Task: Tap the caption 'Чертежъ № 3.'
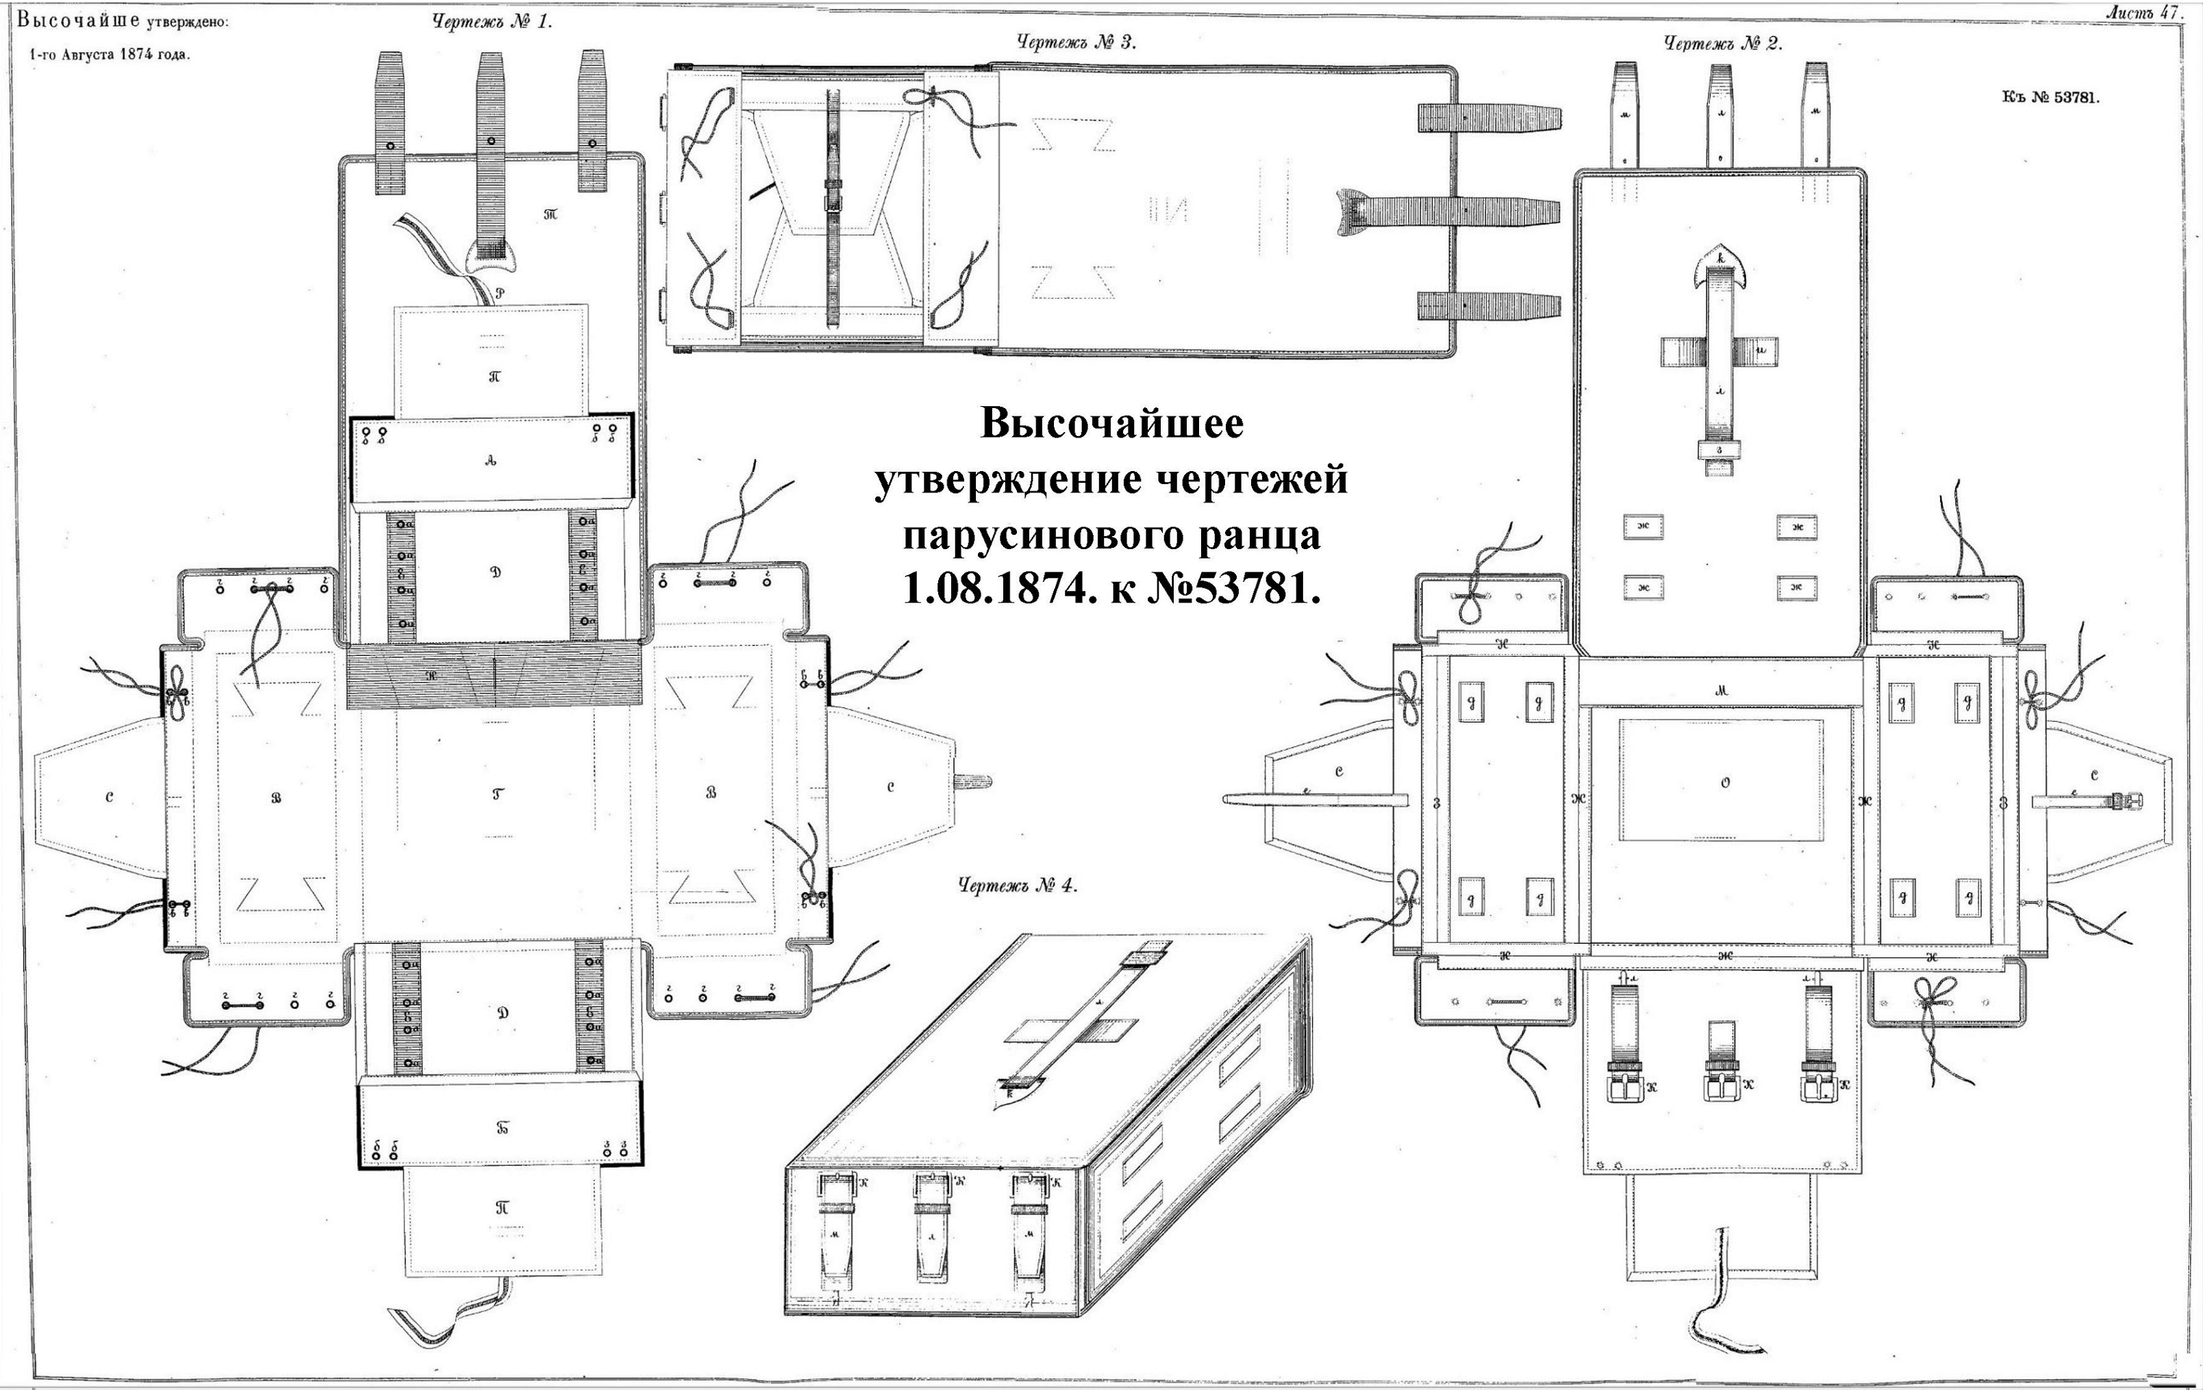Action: tap(1076, 41)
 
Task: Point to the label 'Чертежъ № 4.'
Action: tap(1018, 885)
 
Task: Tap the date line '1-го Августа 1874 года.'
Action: tap(110, 54)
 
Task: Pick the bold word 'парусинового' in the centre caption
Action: tap(1040, 534)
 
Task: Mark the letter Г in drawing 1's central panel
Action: tap(496, 794)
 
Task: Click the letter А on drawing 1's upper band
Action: tap(491, 462)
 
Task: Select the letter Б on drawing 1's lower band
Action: tap(502, 1128)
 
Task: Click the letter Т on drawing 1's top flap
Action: tap(551, 214)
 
